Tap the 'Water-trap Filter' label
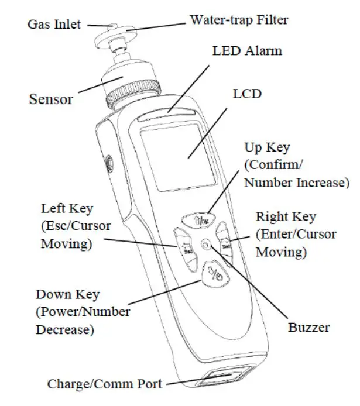click(239, 20)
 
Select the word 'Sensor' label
click(51, 98)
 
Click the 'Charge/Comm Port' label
click(104, 384)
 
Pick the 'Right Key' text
click(286, 217)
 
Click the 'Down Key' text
click(67, 294)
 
